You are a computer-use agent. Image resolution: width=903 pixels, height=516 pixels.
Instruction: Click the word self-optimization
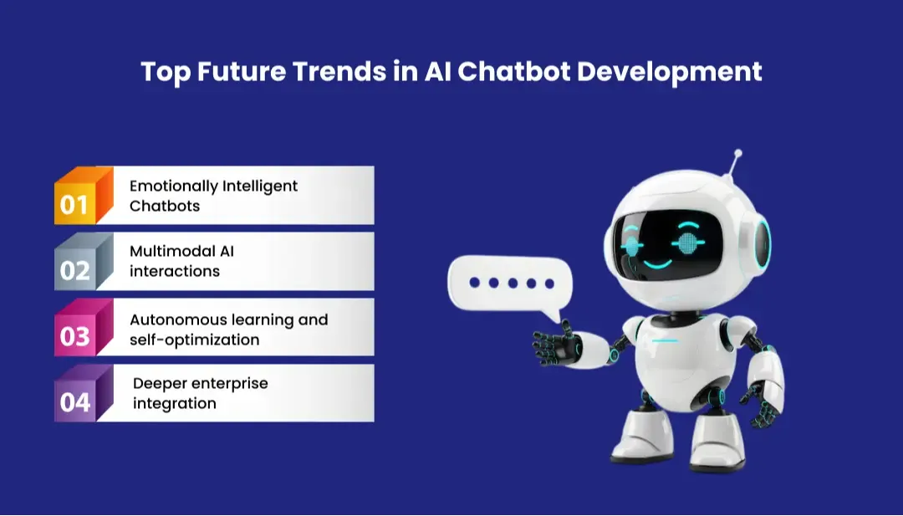pos(194,340)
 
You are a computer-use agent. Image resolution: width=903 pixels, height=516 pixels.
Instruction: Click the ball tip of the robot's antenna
pos(737,154)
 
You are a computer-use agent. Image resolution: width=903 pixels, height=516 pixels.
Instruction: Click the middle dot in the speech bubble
pos(512,284)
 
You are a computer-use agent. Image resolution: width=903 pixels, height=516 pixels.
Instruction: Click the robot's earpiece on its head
pos(761,240)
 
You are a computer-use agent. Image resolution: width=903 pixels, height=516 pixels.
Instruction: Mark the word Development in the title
pos(670,71)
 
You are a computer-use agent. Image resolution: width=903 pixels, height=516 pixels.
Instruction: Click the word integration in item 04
pos(175,403)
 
